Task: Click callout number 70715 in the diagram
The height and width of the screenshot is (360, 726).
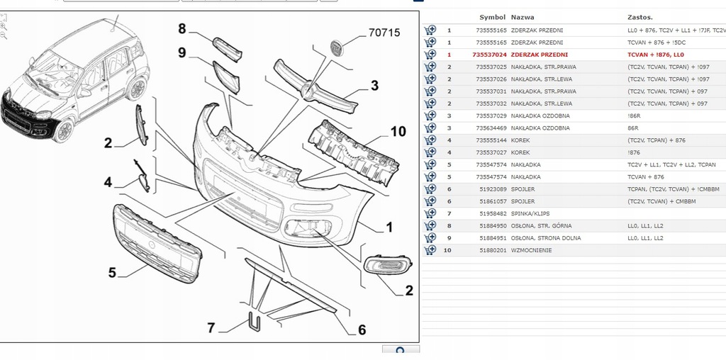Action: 384,32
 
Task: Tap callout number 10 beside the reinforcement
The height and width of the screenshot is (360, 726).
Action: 398,131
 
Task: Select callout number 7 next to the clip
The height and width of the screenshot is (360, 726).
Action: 211,328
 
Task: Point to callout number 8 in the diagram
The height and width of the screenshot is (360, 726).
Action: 181,29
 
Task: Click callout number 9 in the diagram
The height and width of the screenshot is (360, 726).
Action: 181,52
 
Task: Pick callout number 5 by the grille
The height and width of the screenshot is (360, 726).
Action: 111,272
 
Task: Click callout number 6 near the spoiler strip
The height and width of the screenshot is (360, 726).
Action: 361,330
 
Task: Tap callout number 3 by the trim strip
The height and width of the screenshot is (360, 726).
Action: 374,86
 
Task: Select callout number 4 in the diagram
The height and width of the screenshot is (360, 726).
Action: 108,182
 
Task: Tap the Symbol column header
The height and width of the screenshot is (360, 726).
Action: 492,16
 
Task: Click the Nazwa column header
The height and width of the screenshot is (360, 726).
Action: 523,16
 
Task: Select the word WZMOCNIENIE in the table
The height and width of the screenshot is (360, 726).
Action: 534,250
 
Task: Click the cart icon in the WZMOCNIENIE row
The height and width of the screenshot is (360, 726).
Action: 430,250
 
